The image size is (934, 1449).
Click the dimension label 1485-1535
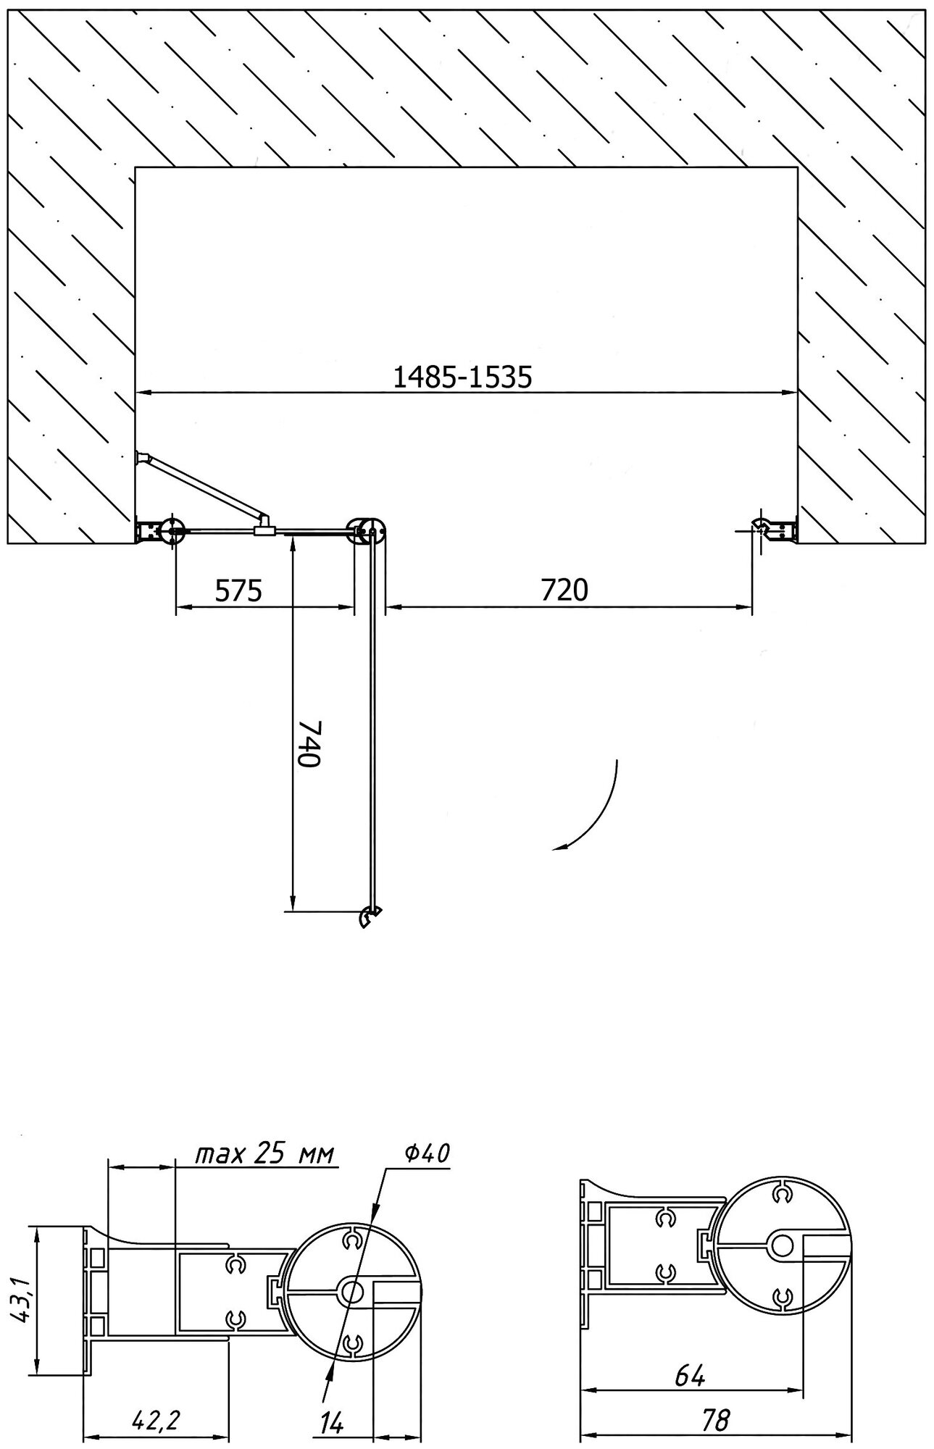462,377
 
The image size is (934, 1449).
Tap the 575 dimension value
238,590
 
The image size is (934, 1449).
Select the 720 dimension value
564,590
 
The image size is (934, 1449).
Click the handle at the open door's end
370,916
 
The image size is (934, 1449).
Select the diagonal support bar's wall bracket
142,457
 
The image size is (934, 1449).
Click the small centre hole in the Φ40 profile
352,1290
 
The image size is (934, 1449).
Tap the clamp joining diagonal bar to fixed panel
264,527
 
